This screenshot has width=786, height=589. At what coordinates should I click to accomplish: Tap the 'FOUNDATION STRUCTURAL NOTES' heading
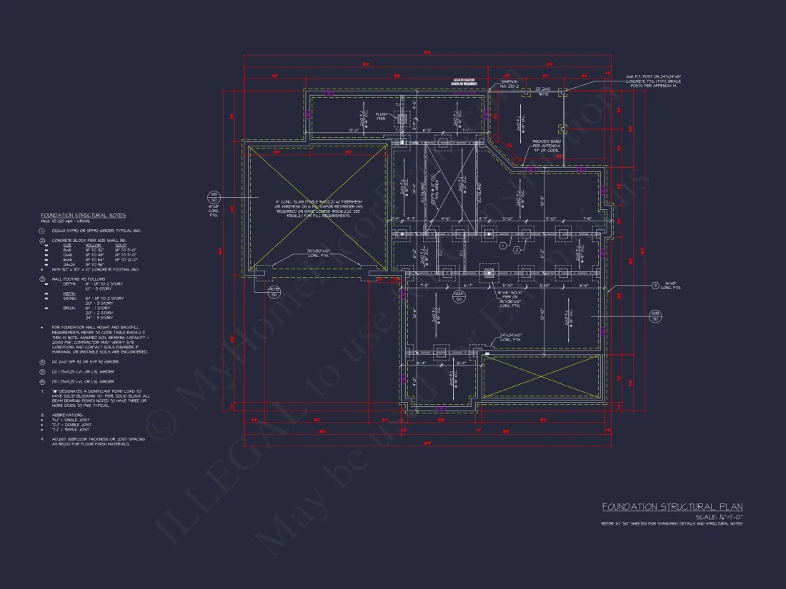coord(83,215)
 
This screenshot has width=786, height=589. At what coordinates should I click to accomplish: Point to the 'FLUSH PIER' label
coord(381,116)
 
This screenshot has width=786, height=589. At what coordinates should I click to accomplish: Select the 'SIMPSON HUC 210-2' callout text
coord(509,84)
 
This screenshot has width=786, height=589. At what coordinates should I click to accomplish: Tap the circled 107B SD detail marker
coord(273,291)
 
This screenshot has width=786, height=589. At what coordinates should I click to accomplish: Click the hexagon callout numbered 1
coord(502,246)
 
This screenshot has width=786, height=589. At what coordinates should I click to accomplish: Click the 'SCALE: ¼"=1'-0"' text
coord(719,516)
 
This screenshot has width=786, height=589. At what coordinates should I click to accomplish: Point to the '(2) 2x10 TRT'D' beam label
coord(543,91)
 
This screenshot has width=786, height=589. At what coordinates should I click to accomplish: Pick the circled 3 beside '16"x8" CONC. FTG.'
coord(656,286)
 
